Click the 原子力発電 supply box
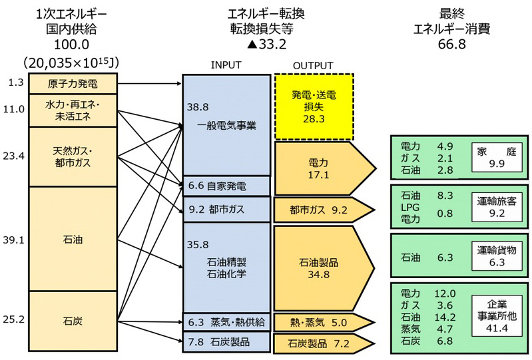[x=73, y=84]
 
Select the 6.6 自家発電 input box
[x=226, y=186]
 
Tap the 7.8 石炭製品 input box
[x=226, y=342]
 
